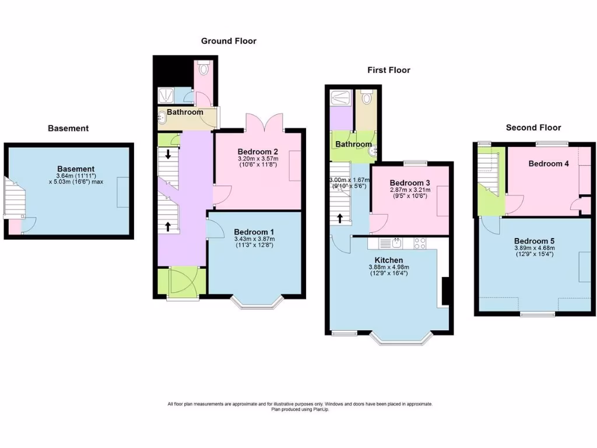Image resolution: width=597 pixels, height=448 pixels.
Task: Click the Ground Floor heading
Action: tap(229, 41)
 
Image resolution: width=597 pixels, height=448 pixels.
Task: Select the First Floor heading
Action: tap(388, 70)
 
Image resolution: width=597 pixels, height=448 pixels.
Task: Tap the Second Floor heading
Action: tap(533, 128)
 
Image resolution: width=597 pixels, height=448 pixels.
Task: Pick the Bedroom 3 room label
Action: tap(409, 183)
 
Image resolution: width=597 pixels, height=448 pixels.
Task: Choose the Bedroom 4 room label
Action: tap(548, 164)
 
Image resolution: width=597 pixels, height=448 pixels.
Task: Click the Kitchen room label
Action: tap(389, 260)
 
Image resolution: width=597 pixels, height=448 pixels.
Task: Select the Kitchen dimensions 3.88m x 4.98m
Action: tap(389, 267)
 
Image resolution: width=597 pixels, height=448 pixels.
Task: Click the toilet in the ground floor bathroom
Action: tap(203, 69)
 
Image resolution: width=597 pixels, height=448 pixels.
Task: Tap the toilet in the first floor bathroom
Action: tap(366, 97)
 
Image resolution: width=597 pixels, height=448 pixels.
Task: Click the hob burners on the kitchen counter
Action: tap(421, 242)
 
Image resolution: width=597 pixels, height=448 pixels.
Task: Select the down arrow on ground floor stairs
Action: tap(168, 155)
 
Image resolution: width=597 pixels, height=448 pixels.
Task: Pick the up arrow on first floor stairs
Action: tap(339, 219)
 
